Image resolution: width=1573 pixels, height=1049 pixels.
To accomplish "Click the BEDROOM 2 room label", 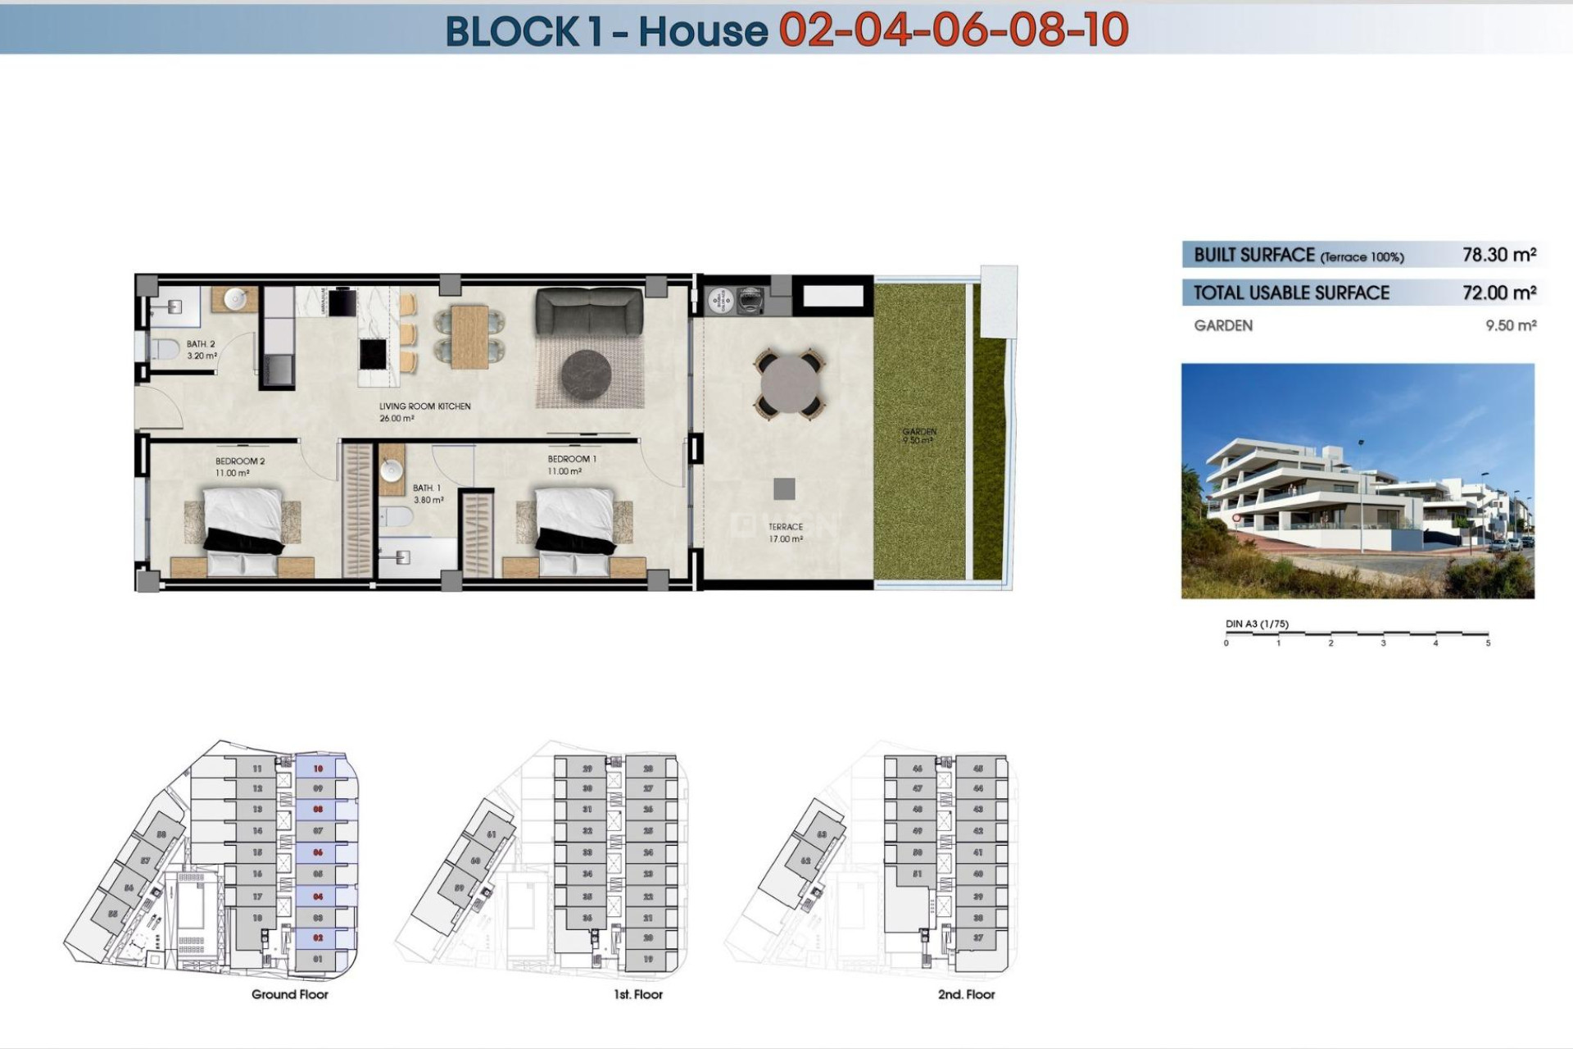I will (x=239, y=461).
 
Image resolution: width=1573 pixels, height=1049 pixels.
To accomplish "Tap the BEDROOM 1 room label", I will (x=571, y=459).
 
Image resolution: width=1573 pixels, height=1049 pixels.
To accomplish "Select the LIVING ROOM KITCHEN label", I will (x=424, y=406).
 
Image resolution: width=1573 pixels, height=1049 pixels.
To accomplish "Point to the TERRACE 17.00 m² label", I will (x=785, y=533).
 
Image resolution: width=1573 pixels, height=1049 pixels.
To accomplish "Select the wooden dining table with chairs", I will (x=469, y=336).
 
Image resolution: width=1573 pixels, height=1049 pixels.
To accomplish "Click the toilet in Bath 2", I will (x=166, y=350).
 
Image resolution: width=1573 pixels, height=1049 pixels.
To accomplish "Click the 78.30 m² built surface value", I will (x=1498, y=255).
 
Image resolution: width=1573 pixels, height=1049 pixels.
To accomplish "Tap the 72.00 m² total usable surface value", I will (x=1498, y=293).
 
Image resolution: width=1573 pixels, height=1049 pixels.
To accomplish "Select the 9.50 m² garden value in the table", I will (x=1510, y=325).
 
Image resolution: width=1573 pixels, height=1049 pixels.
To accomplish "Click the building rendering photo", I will (x=1357, y=481).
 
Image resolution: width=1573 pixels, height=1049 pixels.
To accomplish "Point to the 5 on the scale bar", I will (x=1488, y=643).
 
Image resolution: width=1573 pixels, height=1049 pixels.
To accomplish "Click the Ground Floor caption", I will (x=289, y=994).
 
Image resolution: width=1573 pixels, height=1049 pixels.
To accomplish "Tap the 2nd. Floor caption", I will (x=966, y=994).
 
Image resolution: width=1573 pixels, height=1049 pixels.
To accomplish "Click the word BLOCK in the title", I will (x=512, y=31).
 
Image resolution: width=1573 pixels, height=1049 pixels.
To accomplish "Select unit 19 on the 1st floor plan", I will (x=648, y=959).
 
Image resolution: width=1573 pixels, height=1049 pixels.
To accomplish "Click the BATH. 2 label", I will (x=201, y=344).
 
